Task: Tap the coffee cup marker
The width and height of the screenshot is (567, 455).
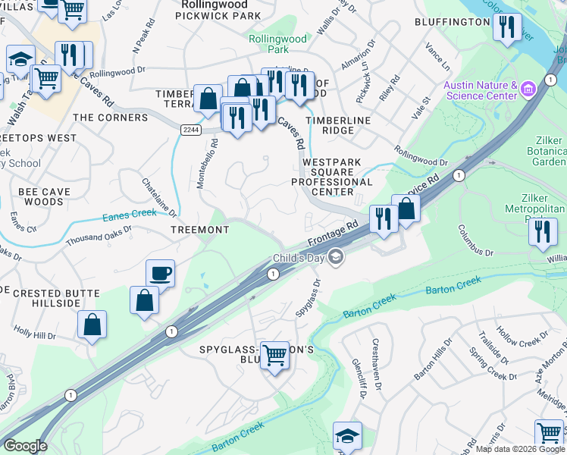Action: coord(160,272)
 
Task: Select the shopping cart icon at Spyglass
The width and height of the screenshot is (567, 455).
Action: coord(274,354)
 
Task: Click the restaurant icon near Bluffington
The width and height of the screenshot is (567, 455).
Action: coord(506,27)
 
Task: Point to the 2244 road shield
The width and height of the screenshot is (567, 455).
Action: coord(191,130)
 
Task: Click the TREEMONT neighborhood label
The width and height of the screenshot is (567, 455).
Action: coord(199,229)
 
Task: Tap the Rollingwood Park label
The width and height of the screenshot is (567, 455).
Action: coord(277,44)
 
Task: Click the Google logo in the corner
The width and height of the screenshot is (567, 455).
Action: coord(26,446)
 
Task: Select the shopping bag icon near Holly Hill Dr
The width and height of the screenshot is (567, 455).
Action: coord(92,325)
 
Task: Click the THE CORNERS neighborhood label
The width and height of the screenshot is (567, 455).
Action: coord(110,118)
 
